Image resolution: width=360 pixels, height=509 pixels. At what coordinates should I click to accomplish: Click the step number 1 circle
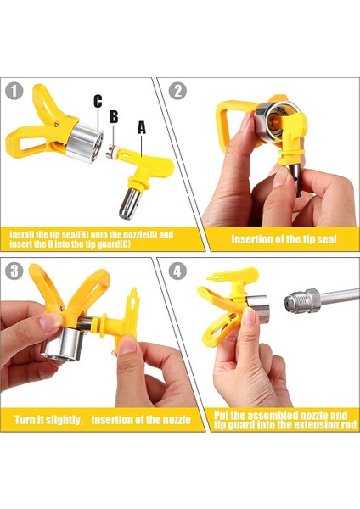point(14,91)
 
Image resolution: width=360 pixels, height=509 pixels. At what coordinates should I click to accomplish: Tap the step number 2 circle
point(177,91)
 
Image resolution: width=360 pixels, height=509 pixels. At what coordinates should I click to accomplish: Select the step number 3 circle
point(14,271)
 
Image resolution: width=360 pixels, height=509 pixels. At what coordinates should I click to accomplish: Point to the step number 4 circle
point(177,271)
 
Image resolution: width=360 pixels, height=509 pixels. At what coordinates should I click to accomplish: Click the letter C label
point(98,101)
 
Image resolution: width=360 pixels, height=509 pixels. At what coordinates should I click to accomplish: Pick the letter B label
point(114,116)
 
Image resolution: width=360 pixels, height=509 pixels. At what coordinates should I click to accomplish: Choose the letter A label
point(142,127)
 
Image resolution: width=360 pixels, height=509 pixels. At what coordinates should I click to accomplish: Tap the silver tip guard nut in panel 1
point(85,143)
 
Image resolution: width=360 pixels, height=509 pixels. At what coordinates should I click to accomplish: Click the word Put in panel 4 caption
point(222,416)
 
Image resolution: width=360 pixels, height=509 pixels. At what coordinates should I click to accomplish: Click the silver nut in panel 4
point(257,309)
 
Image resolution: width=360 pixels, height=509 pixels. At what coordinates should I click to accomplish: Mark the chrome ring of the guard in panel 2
point(273,120)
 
